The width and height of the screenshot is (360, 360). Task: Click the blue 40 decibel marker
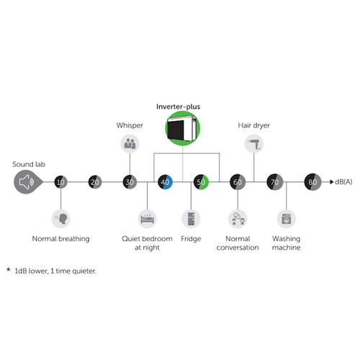165,182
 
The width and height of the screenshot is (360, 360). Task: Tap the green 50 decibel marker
201,182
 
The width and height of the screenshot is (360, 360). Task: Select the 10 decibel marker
60,182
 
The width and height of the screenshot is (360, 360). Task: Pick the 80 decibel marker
312,182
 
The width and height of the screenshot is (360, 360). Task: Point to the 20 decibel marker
95,182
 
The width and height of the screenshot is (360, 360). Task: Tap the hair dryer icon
254,143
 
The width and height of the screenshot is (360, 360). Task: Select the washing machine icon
287,219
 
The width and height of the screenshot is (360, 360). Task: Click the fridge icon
191,219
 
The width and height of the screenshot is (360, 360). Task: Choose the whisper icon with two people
130,143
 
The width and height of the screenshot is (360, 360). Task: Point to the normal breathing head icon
60,219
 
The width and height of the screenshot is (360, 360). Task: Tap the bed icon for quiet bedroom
147,219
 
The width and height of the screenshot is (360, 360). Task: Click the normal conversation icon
238,219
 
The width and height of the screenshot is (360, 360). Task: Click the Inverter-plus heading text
179,107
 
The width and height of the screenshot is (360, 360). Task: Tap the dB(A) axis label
343,182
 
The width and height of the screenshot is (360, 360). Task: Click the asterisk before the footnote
9,269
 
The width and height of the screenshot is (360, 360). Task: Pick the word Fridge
191,239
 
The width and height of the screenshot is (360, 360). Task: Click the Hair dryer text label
254,125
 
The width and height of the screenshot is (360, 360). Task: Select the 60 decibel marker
238,182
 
